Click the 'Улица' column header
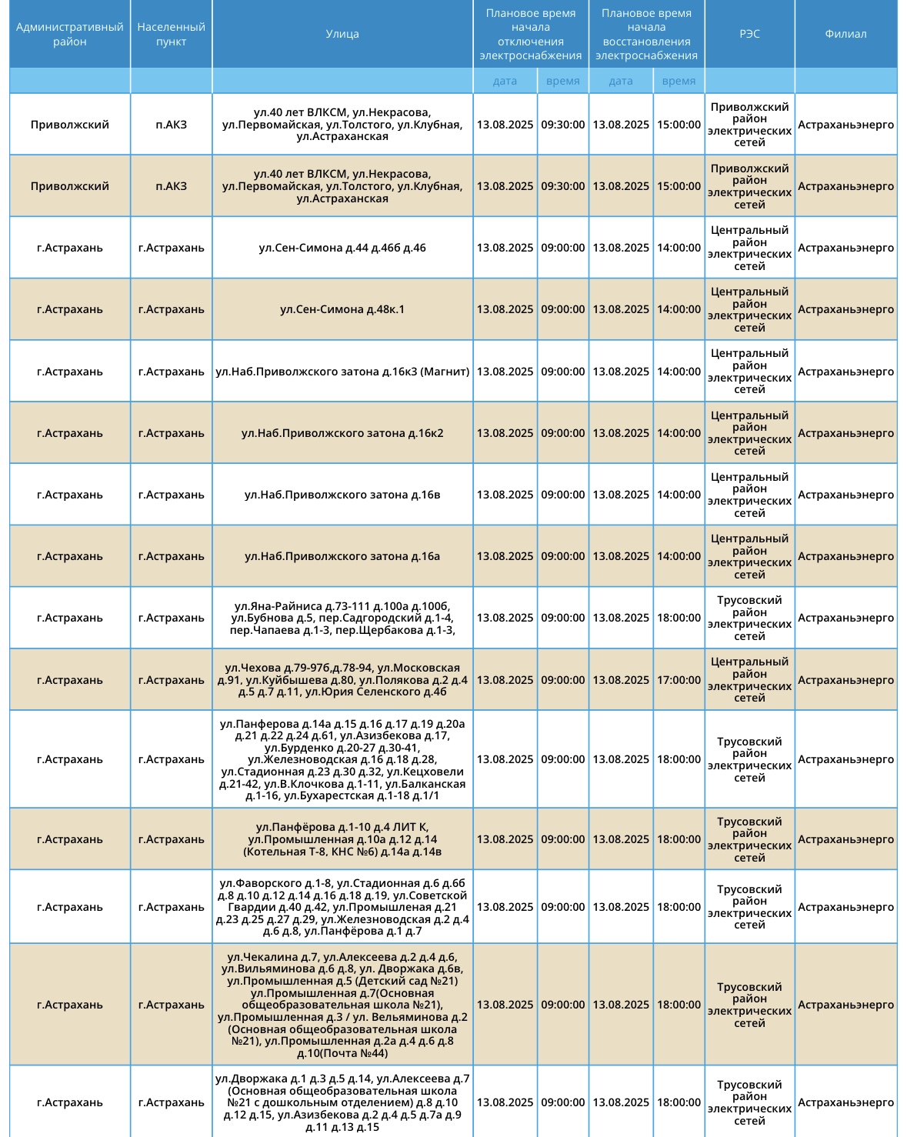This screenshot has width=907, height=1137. click(342, 34)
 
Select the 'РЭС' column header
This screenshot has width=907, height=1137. click(749, 34)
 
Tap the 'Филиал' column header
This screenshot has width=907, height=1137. click(845, 34)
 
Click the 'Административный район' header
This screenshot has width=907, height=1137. click(70, 34)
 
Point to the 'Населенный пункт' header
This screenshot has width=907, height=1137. click(171, 34)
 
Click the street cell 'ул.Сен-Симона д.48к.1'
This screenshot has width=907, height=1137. click(342, 309)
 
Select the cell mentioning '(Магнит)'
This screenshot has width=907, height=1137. click(342, 372)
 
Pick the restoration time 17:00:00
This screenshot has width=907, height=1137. click(679, 680)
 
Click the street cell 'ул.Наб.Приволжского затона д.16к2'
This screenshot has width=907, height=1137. click(342, 433)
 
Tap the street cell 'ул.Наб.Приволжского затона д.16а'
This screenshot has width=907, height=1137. click(342, 556)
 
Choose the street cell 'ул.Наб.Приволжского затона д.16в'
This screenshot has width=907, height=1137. click(342, 495)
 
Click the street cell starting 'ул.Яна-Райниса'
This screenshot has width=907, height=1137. click(342, 618)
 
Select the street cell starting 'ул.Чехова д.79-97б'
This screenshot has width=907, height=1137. click(342, 680)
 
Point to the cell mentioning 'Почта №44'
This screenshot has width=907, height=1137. click(342, 1005)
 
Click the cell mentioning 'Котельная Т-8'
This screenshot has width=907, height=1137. click(342, 839)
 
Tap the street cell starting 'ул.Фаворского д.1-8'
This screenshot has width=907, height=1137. click(342, 907)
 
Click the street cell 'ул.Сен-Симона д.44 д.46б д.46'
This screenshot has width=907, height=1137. click(342, 248)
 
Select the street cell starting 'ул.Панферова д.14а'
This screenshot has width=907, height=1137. click(342, 759)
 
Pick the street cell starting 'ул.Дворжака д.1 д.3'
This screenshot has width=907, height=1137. click(342, 1102)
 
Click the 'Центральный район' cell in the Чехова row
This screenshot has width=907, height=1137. click(749, 680)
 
